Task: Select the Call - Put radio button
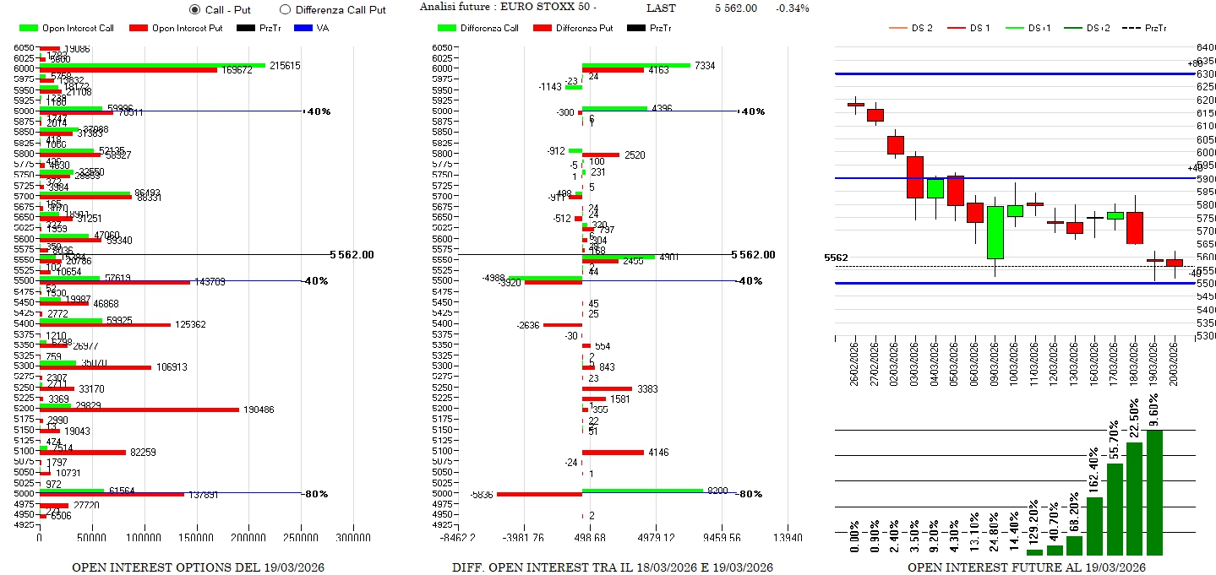195,9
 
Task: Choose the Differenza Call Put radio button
285,9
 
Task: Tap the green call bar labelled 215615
152,65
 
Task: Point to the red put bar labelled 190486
139,410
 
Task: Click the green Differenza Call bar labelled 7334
635,65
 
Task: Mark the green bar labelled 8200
642,490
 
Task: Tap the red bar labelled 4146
613,453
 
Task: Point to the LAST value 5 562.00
735,8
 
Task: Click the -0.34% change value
792,8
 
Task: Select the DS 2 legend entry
911,28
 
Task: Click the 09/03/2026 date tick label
995,363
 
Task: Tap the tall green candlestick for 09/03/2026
995,232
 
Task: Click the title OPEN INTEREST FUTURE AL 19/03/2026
1026,567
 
